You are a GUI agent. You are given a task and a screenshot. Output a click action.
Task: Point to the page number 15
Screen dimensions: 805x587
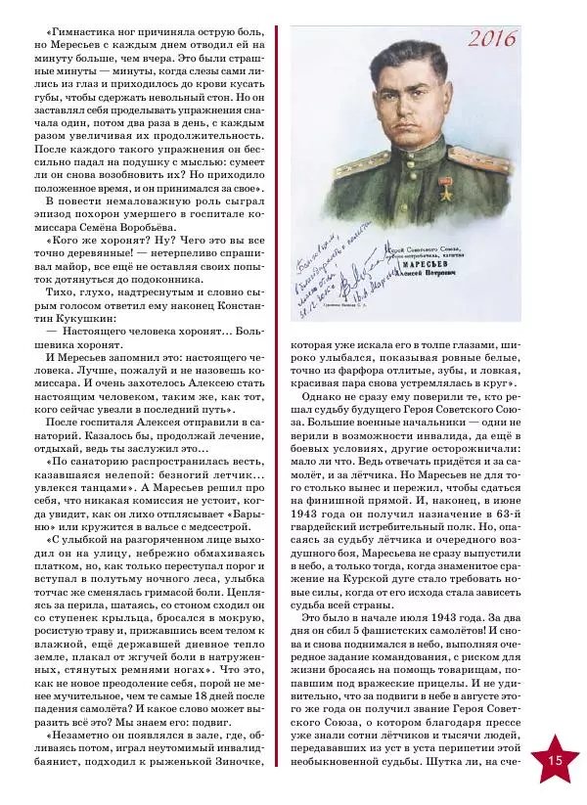tap(555, 760)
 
